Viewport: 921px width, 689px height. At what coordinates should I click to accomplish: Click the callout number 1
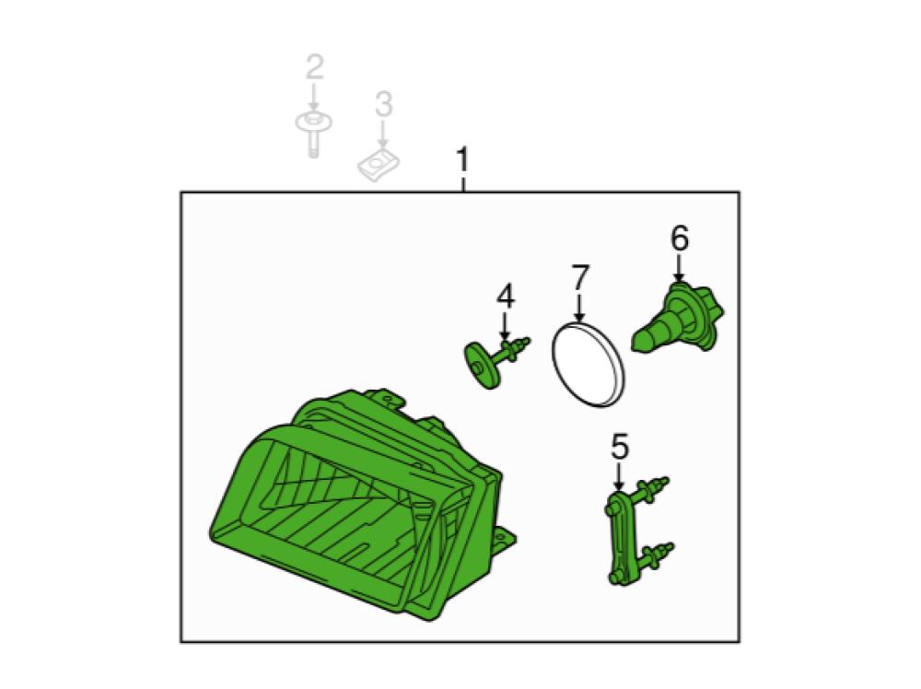pos(463,159)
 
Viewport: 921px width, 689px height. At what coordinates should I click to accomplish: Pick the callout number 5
pos(619,447)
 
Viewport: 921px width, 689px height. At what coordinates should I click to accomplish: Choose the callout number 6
pos(679,239)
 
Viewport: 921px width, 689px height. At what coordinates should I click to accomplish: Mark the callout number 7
pos(579,277)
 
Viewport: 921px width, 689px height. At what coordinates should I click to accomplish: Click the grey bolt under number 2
pos(314,133)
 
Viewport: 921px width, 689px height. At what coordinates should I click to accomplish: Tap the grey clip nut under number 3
pos(379,165)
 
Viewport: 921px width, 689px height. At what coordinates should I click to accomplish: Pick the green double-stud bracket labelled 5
pos(637,530)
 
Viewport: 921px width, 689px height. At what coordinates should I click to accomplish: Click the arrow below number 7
pos(579,308)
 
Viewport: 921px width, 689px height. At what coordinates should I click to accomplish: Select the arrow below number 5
pos(619,476)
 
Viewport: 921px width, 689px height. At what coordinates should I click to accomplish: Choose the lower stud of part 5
pos(658,555)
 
